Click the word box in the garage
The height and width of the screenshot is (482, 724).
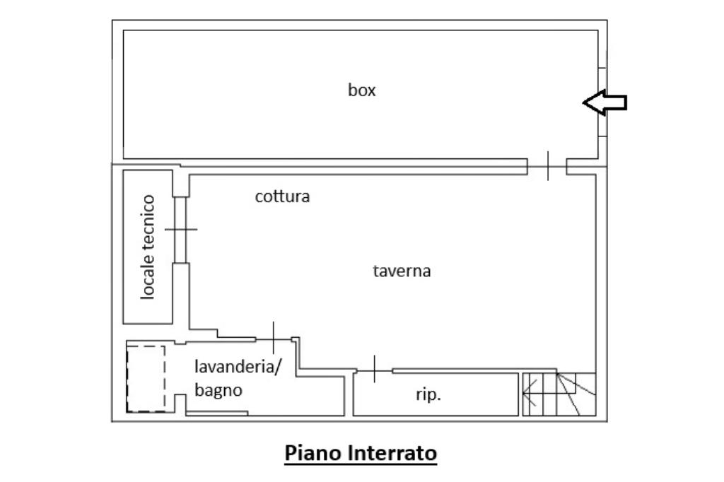[361, 90]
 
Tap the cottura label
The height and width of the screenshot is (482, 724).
[282, 196]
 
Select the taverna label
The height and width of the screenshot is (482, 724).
[402, 271]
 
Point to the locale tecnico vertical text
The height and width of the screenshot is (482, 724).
[148, 247]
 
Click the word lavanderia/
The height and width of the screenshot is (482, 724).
[238, 367]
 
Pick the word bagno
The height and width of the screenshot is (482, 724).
[218, 391]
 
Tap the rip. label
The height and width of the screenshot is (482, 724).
[428, 395]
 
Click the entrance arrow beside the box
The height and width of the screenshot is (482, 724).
[605, 102]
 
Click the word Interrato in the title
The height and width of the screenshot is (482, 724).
[392, 453]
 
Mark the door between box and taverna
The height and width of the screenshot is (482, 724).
[548, 166]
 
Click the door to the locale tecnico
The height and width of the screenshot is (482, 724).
[181, 230]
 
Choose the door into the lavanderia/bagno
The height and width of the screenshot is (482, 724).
[274, 339]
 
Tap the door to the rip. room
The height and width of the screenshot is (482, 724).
[375, 370]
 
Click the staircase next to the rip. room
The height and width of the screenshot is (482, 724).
[559, 394]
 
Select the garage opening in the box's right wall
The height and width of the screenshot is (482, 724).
[602, 102]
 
